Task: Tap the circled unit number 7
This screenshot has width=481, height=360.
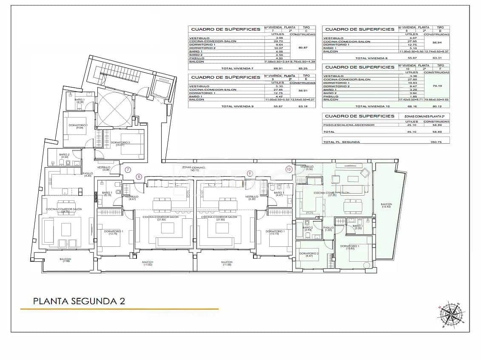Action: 128,170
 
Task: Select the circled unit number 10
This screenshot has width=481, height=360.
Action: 289,169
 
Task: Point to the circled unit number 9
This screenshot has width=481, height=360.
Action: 250,173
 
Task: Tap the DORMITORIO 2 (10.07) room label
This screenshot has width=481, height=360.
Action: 120,143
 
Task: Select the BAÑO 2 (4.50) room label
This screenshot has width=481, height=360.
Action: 64,156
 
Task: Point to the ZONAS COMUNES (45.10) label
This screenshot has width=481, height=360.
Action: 194,169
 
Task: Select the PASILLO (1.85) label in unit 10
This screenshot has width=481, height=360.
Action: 328,229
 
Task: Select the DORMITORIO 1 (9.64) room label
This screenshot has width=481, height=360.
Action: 79,126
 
